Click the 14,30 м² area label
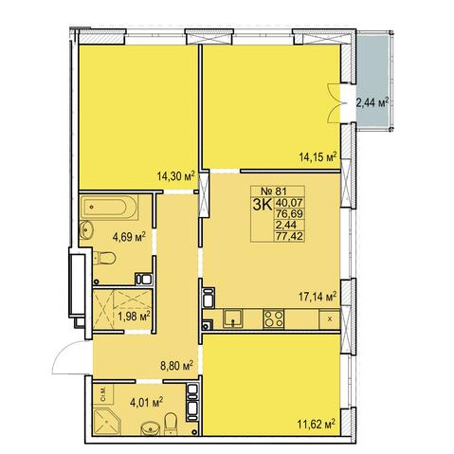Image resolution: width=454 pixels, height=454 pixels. click(x=175, y=175)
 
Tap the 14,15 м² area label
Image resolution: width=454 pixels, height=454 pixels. click(x=318, y=156)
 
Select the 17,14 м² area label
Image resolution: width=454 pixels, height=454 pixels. click(x=318, y=296)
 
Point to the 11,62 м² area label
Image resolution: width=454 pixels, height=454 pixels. click(x=317, y=424)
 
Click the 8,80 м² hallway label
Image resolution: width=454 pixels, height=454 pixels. click(x=177, y=366)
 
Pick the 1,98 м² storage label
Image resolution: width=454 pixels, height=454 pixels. click(x=134, y=316)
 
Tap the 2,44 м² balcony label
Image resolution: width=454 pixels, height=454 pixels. click(x=372, y=102)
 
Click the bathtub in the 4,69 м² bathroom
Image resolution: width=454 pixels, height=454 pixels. click(x=108, y=208)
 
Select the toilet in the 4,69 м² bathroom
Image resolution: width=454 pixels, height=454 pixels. click(x=104, y=258)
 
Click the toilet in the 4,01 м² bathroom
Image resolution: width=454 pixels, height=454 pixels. click(x=171, y=423)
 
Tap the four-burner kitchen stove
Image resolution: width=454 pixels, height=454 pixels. click(x=274, y=318)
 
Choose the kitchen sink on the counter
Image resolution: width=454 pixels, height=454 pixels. click(x=233, y=318)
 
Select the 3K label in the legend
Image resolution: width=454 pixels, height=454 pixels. click(x=263, y=205)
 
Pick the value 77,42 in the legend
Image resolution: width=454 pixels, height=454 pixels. click(x=289, y=236)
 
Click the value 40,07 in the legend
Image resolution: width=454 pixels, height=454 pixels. click(x=289, y=202)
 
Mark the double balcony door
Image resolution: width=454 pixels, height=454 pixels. click(x=335, y=102)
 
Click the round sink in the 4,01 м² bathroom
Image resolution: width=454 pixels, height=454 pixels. click(x=151, y=428)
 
